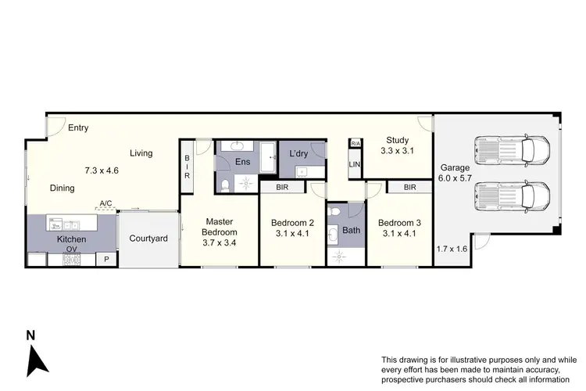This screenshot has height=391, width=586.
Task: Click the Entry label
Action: click(x=77, y=128)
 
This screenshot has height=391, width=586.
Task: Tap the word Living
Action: click(x=141, y=153)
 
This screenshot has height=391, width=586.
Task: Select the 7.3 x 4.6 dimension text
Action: click(x=102, y=170)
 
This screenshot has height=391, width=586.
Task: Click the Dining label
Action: click(x=63, y=188)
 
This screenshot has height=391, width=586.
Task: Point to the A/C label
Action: click(x=105, y=204)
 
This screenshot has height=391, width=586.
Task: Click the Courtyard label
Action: click(x=148, y=238)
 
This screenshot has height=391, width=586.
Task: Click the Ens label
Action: click(x=243, y=162)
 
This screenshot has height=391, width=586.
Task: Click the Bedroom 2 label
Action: click(x=291, y=221)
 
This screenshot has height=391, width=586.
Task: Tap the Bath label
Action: click(x=352, y=231)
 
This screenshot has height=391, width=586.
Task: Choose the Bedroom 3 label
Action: click(x=398, y=221)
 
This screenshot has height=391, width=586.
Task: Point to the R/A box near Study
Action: click(x=356, y=144)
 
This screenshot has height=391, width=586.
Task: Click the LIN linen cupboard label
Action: click(x=355, y=164)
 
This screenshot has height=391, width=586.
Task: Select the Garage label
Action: click(x=454, y=167)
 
